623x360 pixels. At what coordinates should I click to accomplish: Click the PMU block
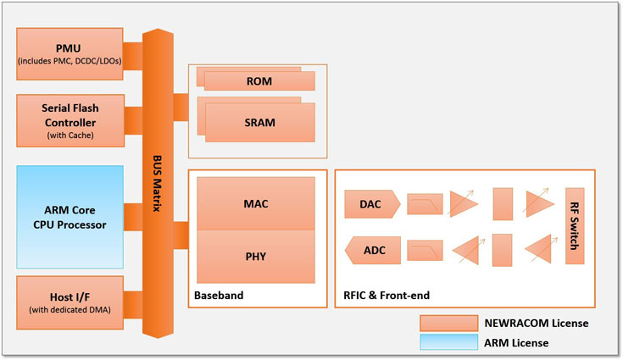pyautogui.click(x=70, y=53)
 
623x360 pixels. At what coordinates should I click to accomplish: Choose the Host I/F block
pyautogui.click(x=70, y=300)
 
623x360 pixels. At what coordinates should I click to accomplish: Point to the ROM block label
pyautogui.click(x=259, y=80)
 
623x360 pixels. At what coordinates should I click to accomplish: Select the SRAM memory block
pyautogui.click(x=259, y=121)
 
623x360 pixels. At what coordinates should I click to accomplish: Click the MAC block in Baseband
pyautogui.click(x=257, y=203)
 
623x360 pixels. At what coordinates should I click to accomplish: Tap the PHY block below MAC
pyautogui.click(x=257, y=255)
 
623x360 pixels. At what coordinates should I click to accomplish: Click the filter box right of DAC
pyautogui.click(x=425, y=204)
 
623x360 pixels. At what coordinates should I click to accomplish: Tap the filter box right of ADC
pyautogui.click(x=425, y=250)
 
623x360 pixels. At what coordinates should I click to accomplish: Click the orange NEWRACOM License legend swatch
pyautogui.click(x=448, y=323)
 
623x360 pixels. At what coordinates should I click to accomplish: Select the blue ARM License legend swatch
pyautogui.click(x=448, y=342)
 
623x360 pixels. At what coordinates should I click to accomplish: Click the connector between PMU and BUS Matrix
pyautogui.click(x=133, y=53)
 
